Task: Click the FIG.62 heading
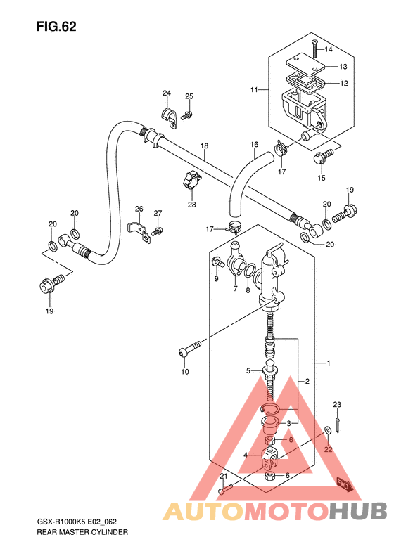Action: point(56,27)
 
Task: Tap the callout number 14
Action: point(329,49)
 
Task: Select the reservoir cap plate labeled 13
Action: point(305,65)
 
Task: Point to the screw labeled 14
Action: point(314,49)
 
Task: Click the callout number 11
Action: point(254,90)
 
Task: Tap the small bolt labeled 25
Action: point(186,115)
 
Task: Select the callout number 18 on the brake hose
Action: point(204,146)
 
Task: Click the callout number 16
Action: point(254,145)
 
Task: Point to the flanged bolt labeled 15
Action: point(323,157)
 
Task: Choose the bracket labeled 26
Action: point(139,232)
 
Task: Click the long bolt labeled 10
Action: point(189,348)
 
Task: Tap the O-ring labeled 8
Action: point(250,271)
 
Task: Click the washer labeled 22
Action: point(329,430)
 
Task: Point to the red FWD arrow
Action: point(344,486)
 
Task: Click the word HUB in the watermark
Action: point(358,512)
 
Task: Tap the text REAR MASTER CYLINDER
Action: point(82,532)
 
